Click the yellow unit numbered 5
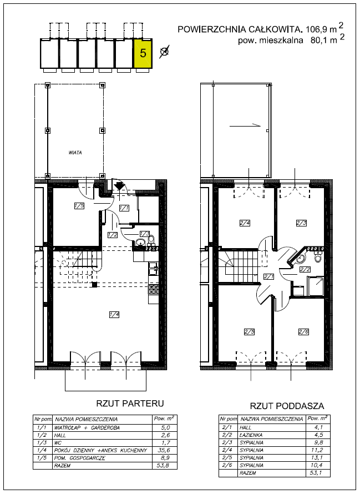click(x=143, y=53)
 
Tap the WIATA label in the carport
click(x=75, y=153)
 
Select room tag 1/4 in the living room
click(x=114, y=314)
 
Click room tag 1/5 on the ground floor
click(x=79, y=206)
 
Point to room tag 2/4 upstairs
click(x=245, y=223)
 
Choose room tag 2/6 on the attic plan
click(x=303, y=331)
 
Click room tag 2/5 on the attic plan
click(x=249, y=331)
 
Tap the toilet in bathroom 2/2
click(x=318, y=257)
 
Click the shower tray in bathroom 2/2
click(x=316, y=286)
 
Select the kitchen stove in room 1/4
click(x=154, y=290)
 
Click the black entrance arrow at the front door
click(x=119, y=186)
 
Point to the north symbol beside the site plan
click(x=164, y=52)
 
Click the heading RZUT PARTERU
click(x=130, y=404)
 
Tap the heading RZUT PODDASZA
click(x=287, y=406)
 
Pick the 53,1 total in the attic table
click(x=316, y=473)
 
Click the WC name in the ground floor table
click(x=57, y=443)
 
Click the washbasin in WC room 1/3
click(x=140, y=243)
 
